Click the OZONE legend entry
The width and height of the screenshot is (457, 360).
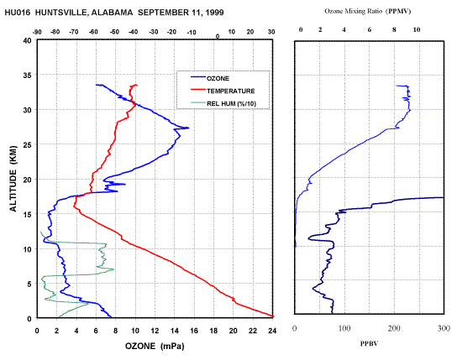210,78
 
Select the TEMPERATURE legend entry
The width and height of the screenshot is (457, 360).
223,91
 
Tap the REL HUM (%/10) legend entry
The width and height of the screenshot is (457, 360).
223,103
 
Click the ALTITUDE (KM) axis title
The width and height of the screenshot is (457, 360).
13,179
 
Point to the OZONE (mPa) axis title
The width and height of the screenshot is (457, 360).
155,346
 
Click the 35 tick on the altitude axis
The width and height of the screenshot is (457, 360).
27,75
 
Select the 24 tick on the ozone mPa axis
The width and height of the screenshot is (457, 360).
272,331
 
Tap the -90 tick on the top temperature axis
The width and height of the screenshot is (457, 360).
37,32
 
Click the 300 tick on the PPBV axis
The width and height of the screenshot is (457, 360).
444,328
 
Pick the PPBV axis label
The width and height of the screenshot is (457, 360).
369,344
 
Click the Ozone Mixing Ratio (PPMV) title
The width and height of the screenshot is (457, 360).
368,12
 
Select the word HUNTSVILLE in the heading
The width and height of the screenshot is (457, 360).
61,13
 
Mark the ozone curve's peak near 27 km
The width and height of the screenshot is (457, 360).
188,128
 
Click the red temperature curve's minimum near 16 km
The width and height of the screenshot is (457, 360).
74,206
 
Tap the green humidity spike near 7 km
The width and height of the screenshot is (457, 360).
113,269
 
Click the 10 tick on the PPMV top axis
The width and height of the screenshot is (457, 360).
417,29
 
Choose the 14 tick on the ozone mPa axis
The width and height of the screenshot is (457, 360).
174,331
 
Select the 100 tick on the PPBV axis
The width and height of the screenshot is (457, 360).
344,328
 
